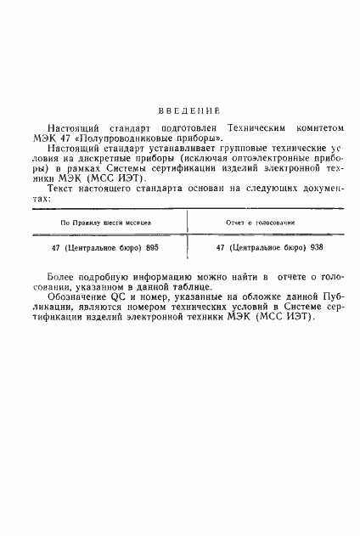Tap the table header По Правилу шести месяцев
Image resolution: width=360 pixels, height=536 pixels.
coord(106,223)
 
